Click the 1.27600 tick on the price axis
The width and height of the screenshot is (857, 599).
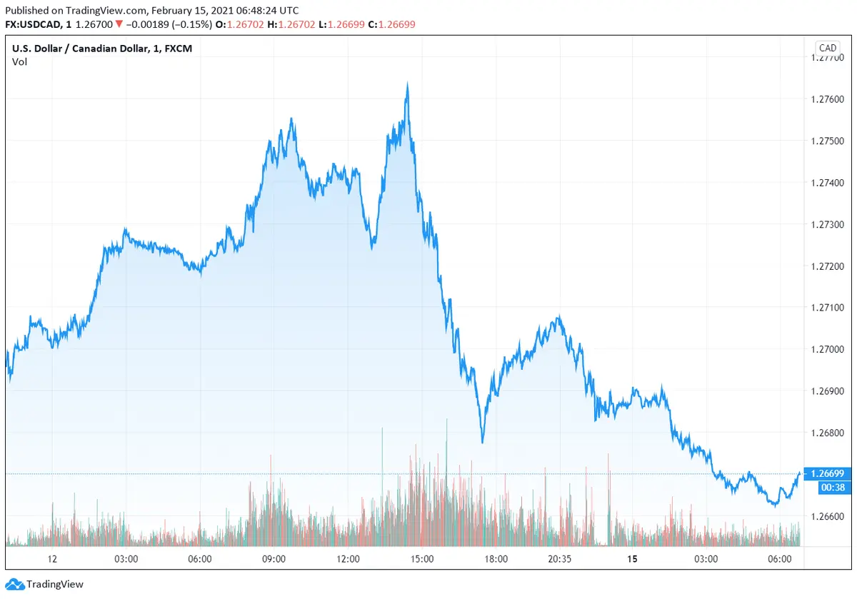(827, 99)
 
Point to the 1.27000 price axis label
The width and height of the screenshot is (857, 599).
(827, 349)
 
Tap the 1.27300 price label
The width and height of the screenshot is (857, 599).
(827, 224)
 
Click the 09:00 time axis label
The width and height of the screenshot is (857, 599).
(274, 558)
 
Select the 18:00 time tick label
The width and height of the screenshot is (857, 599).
(496, 558)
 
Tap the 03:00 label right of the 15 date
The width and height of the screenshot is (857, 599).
(706, 558)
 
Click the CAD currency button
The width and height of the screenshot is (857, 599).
(827, 48)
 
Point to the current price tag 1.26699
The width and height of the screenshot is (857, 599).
(827, 473)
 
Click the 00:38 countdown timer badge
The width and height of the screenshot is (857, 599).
(827, 487)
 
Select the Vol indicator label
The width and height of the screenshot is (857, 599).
(19, 61)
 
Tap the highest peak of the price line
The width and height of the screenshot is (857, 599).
(407, 84)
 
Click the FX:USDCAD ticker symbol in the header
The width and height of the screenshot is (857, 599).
(35, 24)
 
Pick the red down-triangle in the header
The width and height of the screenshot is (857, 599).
(119, 24)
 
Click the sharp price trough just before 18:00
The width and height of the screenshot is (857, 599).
(483, 442)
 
